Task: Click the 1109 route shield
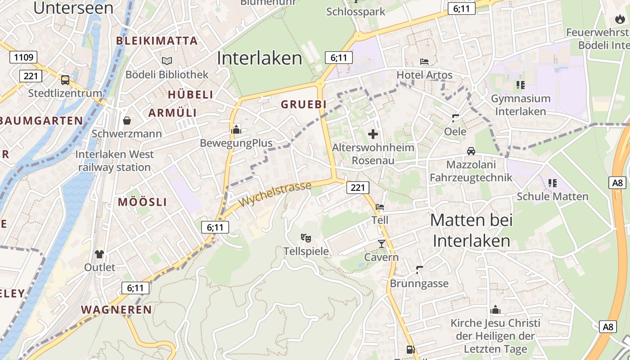click(23, 57)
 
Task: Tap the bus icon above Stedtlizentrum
click(65, 80)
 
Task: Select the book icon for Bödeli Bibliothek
click(167, 61)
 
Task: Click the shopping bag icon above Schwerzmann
click(127, 121)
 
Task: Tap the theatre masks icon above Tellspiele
click(306, 238)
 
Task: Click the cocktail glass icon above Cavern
click(382, 244)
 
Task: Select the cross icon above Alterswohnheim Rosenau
click(373, 134)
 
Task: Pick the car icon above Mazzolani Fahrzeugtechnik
click(471, 151)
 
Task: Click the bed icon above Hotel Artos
click(424, 61)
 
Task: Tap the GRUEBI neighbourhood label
click(304, 104)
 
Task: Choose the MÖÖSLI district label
click(142, 202)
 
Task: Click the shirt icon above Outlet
click(99, 254)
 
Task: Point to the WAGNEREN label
click(117, 310)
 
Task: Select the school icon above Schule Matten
click(553, 183)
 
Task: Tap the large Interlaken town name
click(260, 58)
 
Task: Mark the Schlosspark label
click(356, 12)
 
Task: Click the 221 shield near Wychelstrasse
click(358, 187)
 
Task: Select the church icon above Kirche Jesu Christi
click(495, 310)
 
